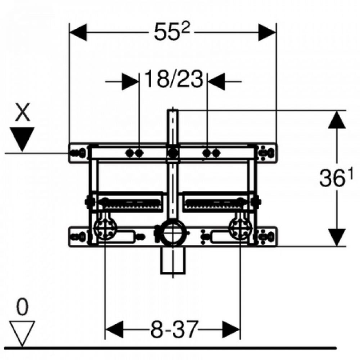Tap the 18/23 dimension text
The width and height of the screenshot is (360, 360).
(x=174, y=79)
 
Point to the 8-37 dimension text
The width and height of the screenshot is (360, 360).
(x=174, y=329)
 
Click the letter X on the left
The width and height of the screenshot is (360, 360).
(x=22, y=112)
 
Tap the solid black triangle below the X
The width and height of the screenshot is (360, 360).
(x=22, y=139)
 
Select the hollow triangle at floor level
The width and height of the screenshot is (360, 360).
(x=22, y=333)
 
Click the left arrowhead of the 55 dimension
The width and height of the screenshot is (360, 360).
(x=78, y=32)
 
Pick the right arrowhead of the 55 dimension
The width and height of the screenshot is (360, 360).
(x=267, y=32)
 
